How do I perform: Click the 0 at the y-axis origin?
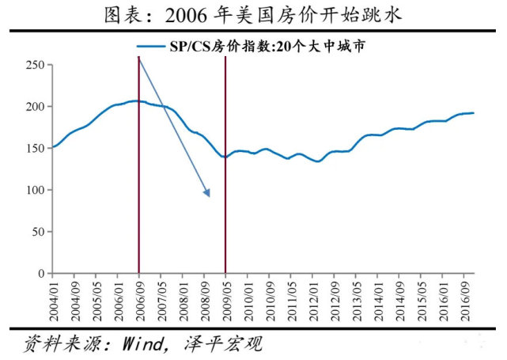coord(41,274)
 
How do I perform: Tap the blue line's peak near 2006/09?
coord(136,100)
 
